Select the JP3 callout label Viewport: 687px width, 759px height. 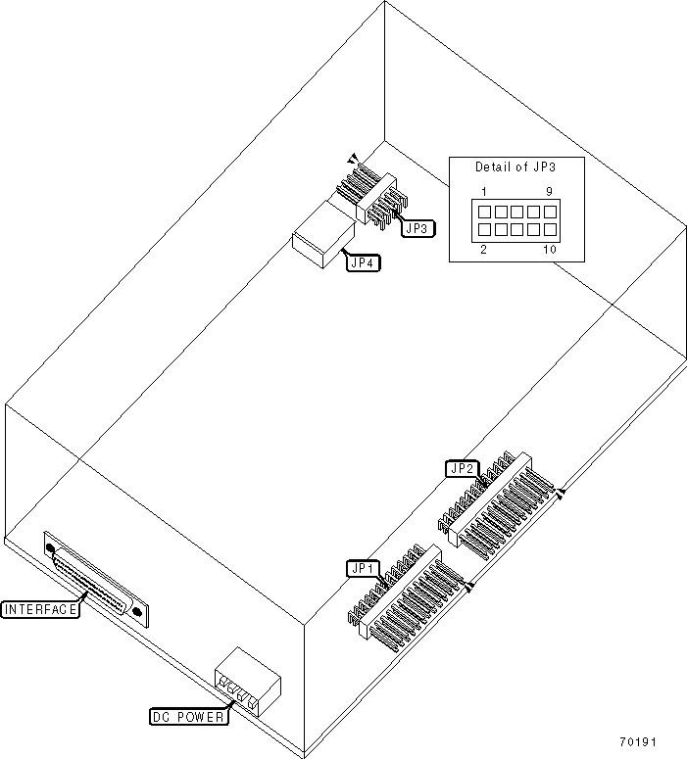point(416,228)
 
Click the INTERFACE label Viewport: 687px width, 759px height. point(40,609)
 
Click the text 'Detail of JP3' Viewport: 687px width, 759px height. point(515,166)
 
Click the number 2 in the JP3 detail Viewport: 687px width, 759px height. point(483,250)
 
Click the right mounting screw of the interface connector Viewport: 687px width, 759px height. point(137,614)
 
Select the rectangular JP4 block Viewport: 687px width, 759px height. point(321,238)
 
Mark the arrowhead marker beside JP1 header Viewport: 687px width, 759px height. point(469,587)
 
